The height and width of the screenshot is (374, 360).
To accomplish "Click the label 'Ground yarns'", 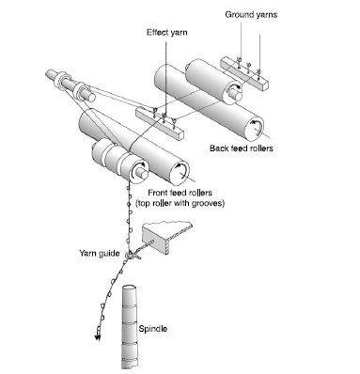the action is [251, 15].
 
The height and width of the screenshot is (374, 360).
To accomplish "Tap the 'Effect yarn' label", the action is [167, 33].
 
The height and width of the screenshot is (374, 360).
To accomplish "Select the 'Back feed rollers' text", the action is [242, 148].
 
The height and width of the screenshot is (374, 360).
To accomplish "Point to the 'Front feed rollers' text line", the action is [180, 193].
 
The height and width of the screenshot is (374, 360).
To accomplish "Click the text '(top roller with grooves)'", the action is [180, 203].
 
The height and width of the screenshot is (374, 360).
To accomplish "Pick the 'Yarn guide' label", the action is [100, 253].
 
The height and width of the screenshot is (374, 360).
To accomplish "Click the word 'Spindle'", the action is [152, 329].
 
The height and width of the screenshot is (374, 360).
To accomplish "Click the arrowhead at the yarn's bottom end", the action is [98, 337].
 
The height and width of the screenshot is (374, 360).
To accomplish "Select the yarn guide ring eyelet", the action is [129, 255].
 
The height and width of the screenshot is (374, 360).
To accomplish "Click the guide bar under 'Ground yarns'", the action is [244, 74].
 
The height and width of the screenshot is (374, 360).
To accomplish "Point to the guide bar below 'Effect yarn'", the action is [160, 123].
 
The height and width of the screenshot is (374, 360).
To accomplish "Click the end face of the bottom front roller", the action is [180, 171].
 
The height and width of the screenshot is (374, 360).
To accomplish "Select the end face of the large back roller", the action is [254, 128].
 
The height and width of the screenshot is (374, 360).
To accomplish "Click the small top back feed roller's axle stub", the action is [237, 94].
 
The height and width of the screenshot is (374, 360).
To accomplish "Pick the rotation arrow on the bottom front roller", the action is [181, 167].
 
